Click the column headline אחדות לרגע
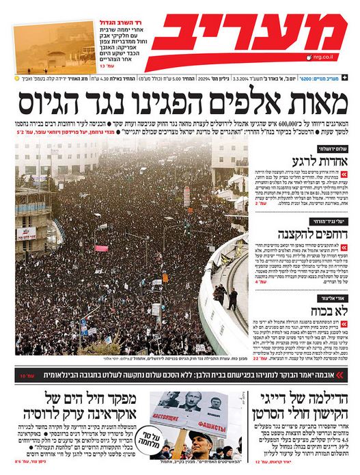click(322, 159)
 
